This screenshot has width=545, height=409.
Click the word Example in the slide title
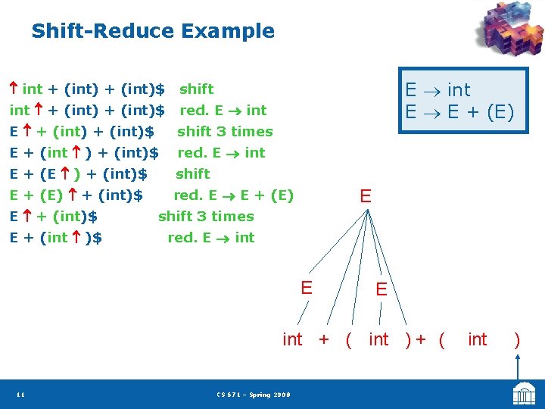[227, 32]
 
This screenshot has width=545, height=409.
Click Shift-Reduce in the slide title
[101, 32]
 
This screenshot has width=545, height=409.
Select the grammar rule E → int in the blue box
[438, 90]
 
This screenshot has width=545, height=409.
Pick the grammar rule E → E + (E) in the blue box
[459, 113]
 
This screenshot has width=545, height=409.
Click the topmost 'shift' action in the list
[196, 89]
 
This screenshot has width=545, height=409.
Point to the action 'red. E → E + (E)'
[233, 195]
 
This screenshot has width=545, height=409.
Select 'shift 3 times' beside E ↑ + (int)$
[206, 217]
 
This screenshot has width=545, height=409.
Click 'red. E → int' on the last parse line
[210, 238]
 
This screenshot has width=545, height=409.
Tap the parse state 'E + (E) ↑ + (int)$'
[76, 195]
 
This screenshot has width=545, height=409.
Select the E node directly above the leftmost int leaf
[307, 288]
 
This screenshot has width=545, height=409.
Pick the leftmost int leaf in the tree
[292, 339]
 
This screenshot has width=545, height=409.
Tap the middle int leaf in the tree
[378, 339]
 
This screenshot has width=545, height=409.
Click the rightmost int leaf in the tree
[478, 339]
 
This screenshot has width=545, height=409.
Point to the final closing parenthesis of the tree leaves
[517, 339]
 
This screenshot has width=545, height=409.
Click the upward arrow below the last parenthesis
[518, 367]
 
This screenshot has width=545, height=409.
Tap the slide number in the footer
[20, 395]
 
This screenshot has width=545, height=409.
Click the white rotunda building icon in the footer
[524, 394]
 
